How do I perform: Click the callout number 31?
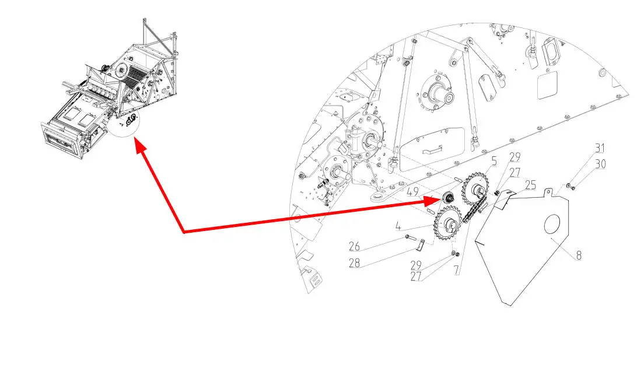click(x=600, y=148)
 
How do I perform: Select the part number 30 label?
click(x=600, y=164)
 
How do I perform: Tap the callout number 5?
click(x=494, y=162)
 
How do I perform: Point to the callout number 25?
click(x=531, y=185)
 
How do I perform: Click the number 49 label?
click(x=412, y=192)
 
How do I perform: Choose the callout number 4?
click(x=399, y=226)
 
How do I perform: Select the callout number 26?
click(x=354, y=246)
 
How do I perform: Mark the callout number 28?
click(x=354, y=263)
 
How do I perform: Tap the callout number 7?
click(x=456, y=270)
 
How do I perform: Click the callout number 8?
click(x=579, y=255)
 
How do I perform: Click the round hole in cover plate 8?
click(x=552, y=225)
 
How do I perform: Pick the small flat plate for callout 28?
click(x=422, y=246)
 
